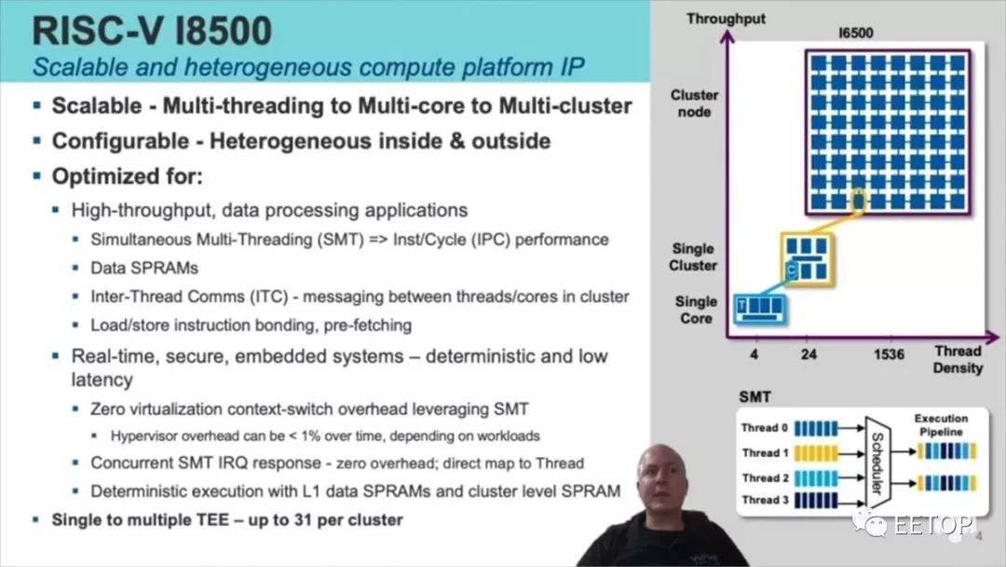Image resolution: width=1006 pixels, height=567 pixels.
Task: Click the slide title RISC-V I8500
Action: tap(152, 31)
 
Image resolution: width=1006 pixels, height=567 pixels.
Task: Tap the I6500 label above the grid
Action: tap(856, 33)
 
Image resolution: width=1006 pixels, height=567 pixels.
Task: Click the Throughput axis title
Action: tap(726, 19)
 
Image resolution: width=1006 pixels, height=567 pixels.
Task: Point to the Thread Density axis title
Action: tap(958, 360)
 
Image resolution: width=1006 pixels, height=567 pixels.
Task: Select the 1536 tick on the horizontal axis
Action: tap(889, 354)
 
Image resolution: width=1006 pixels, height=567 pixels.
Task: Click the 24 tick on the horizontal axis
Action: tap(809, 354)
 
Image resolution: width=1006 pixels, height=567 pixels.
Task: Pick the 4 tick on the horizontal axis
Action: tap(754, 354)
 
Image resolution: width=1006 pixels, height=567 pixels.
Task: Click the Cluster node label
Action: tap(694, 104)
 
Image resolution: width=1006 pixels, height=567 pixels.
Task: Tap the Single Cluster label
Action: tap(693, 256)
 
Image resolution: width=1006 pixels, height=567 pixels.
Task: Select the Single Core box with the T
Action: tap(760, 308)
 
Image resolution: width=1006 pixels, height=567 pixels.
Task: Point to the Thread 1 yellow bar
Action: tap(816, 453)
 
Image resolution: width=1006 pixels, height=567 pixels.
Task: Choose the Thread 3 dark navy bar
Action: tap(816, 500)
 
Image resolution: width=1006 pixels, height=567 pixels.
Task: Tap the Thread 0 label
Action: tap(764, 428)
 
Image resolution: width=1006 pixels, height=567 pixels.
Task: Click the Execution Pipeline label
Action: tap(941, 425)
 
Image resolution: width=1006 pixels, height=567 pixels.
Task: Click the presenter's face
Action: tap(662, 479)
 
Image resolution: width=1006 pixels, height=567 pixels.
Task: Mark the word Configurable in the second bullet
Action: tap(120, 141)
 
